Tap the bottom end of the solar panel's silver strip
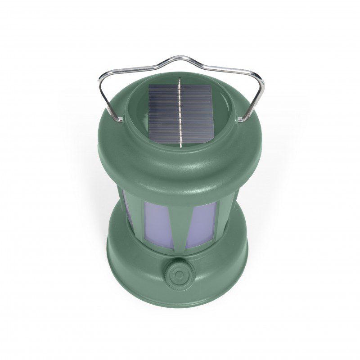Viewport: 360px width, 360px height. coord(180,145)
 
